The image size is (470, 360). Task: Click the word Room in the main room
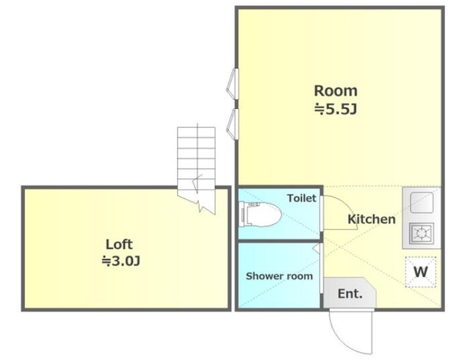click(x=336, y=91)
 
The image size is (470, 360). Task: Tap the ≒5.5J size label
click(x=336, y=109)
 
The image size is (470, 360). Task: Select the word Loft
click(x=119, y=245)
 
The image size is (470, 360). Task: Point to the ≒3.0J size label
click(x=120, y=261)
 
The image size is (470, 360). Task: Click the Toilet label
click(x=302, y=198)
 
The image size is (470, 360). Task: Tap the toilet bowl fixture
click(x=260, y=215)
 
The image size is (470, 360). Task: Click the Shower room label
click(x=279, y=276)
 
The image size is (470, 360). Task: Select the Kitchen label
click(x=372, y=219)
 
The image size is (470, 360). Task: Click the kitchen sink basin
click(x=422, y=203)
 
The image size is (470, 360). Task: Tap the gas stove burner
click(x=422, y=233)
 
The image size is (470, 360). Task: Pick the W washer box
click(x=421, y=272)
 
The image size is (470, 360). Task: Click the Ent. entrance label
click(x=350, y=293)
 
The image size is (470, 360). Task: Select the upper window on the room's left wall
click(x=232, y=84)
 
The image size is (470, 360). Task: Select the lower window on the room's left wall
click(x=232, y=124)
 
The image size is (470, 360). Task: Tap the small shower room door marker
click(x=316, y=249)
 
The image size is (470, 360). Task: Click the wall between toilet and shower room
click(x=279, y=240)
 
